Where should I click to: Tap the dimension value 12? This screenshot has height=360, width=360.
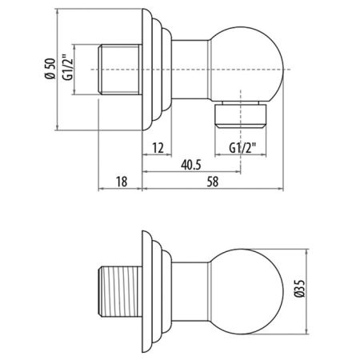pyautogui.click(x=157, y=149)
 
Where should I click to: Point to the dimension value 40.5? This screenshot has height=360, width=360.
pyautogui.click(x=190, y=166)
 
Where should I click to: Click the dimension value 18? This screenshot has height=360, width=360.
pyautogui.click(x=120, y=182)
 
